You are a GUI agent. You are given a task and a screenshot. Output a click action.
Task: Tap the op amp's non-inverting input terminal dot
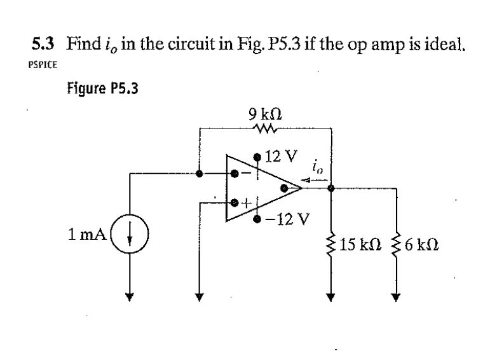pos(235,203)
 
